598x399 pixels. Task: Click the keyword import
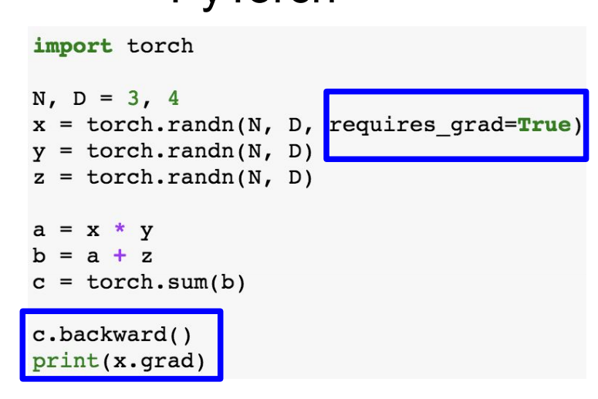click(x=73, y=46)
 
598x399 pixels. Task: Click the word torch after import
click(x=160, y=46)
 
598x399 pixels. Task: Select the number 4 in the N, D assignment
click(x=174, y=99)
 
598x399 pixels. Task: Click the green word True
click(x=544, y=125)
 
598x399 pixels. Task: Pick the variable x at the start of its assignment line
click(x=39, y=125)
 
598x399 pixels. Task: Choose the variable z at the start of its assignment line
click(x=39, y=177)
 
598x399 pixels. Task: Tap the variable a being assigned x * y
click(x=39, y=230)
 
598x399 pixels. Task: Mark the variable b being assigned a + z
click(x=39, y=255)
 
